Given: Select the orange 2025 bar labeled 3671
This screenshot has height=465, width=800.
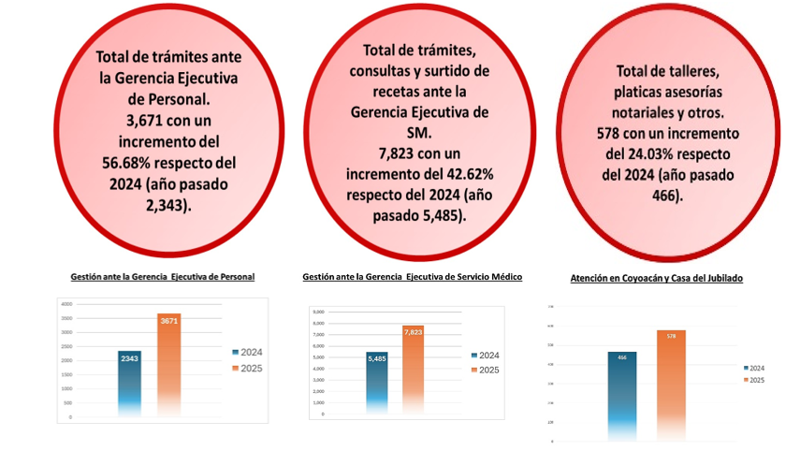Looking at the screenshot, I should pos(168,365).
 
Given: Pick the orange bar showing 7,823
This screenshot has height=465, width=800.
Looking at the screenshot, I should pos(414,370).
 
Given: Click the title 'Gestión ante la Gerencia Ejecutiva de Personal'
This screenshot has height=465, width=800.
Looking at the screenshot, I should pos(163,277).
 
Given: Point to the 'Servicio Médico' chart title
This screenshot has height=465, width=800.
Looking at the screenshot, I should pos(412,277).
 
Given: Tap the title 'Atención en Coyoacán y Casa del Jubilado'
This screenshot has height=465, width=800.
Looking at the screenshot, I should pos(656,279).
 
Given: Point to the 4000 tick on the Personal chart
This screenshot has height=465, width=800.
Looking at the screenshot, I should pos(65,304).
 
